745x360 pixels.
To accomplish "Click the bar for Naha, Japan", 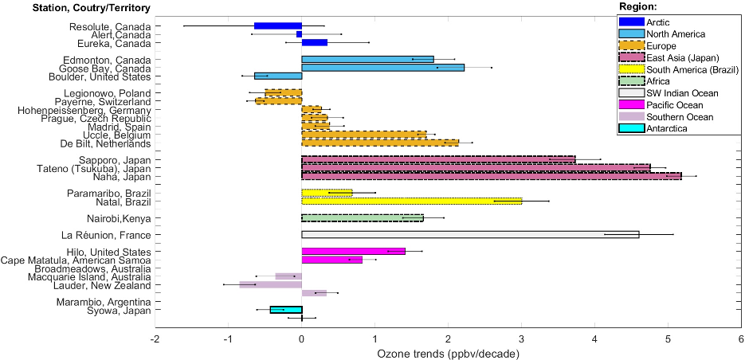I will coord(492,176).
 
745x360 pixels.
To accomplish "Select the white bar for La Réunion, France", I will coord(470,234).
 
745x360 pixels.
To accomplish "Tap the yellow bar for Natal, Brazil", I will coord(411,201).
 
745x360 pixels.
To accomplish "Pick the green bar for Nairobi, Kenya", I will coord(362,217).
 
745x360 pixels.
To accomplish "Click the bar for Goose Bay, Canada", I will coord(382,68).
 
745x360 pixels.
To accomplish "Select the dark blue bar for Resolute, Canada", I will coord(278,25).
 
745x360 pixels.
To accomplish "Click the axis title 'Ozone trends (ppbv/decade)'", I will coord(448,352).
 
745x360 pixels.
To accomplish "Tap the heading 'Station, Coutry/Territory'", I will coord(80,8).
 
